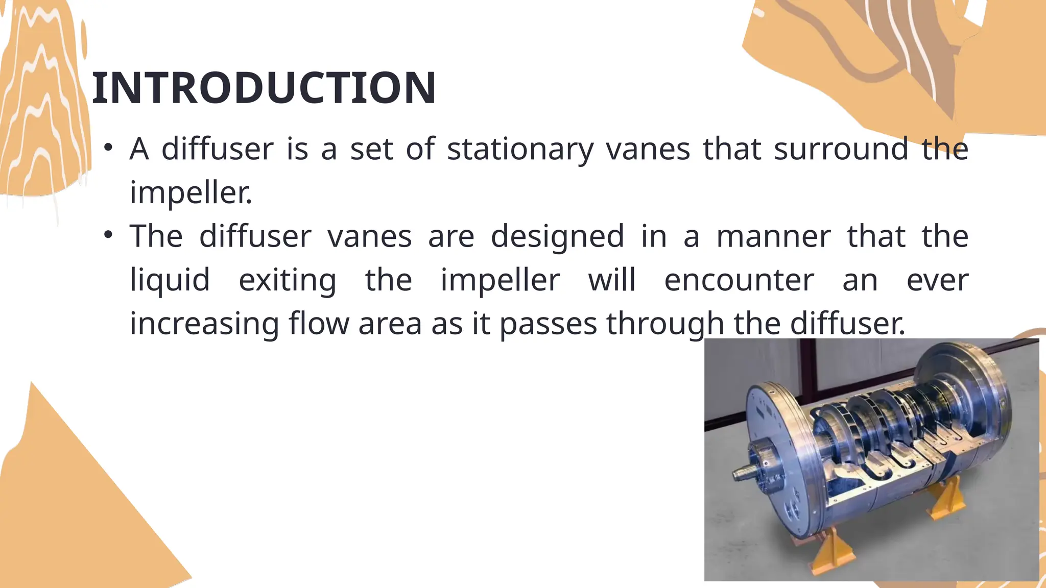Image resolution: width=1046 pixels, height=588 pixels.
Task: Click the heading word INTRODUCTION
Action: (x=264, y=88)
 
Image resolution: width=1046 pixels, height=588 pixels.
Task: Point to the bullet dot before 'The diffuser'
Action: (x=108, y=235)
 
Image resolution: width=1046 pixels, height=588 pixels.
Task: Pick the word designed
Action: (x=557, y=237)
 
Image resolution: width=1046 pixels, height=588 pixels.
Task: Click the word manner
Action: (x=773, y=237)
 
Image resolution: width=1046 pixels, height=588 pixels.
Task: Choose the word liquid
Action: (x=170, y=280)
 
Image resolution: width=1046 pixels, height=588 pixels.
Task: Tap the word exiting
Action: (x=288, y=280)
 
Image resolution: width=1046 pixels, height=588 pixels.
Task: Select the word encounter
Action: (x=739, y=280)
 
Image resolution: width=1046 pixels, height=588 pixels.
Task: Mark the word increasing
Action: (x=204, y=324)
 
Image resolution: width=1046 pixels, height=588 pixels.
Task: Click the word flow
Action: (x=319, y=324)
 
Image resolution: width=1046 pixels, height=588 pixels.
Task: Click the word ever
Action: (x=937, y=280)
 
